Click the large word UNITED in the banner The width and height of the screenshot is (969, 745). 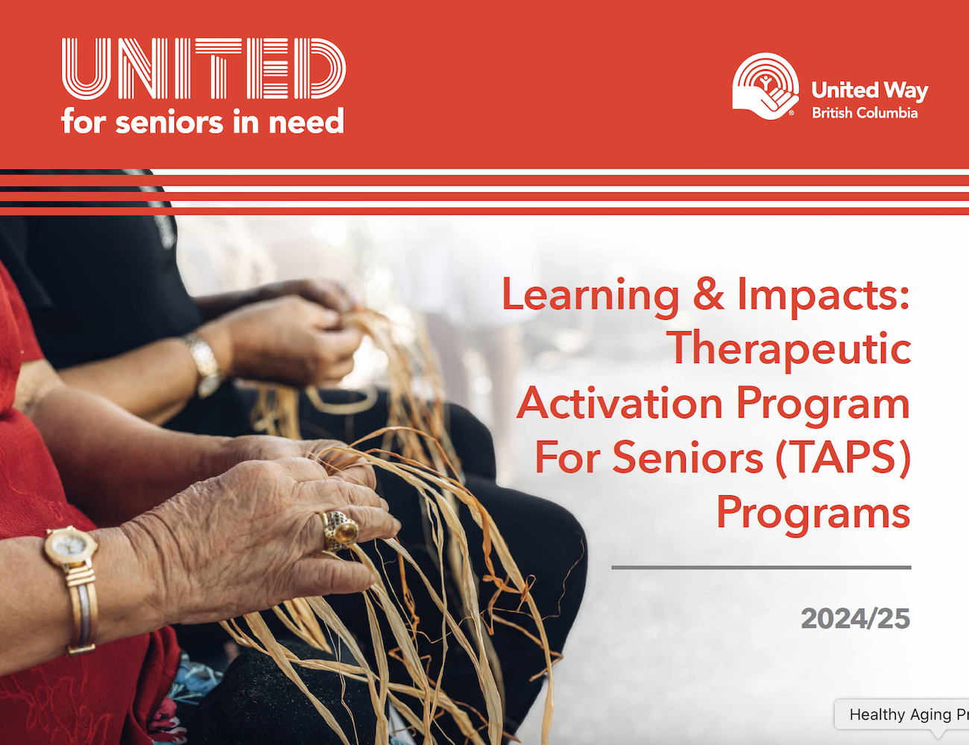tap(203, 69)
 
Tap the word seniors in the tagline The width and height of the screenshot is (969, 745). tap(169, 122)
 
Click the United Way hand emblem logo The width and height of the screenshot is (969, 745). tap(766, 87)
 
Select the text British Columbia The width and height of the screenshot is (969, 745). tap(865, 113)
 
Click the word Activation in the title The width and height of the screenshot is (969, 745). tap(619, 403)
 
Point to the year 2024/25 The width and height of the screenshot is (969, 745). tap(855, 619)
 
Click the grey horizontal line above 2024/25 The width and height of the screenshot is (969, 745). tap(761, 568)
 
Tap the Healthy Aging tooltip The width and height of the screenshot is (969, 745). tap(902, 714)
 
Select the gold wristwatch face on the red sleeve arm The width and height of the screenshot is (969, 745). tap(71, 546)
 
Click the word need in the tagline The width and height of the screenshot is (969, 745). tap(307, 121)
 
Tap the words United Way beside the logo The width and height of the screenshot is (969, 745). tap(870, 91)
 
